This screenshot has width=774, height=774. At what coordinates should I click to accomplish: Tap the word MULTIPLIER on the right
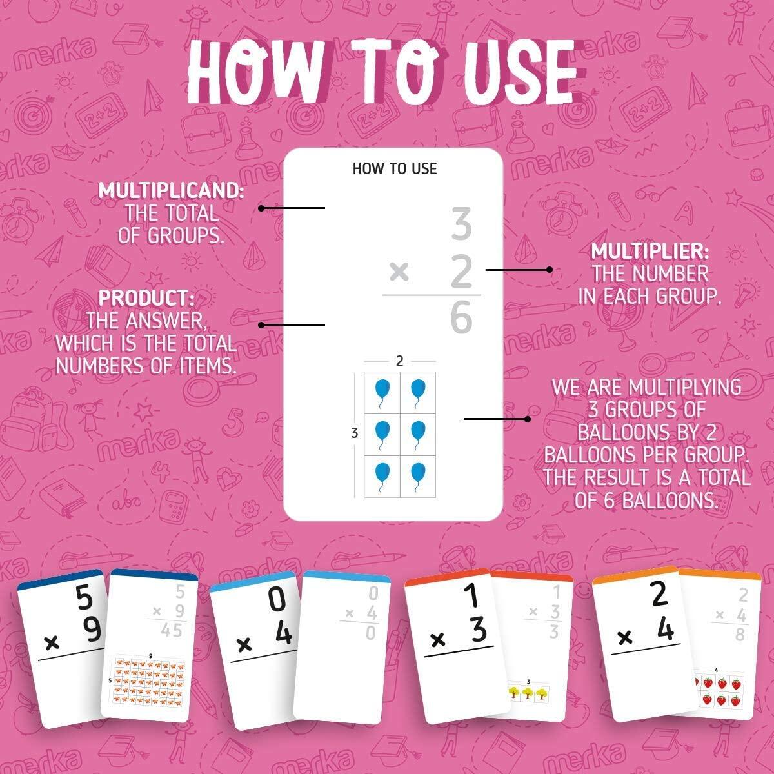650,251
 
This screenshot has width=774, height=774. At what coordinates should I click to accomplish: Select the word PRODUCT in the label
146,299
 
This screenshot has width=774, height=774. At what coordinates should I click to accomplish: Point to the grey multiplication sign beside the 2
399,273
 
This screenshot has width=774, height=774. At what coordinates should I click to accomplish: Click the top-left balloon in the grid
382,392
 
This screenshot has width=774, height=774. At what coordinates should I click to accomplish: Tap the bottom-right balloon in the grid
418,474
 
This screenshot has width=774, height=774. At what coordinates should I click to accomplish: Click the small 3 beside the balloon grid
354,434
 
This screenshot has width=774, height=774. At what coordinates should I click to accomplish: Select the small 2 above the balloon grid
400,362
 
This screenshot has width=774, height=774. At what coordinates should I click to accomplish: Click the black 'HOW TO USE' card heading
395,169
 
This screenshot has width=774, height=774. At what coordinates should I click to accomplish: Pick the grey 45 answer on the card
172,630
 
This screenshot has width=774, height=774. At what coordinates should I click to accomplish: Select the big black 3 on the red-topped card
477,630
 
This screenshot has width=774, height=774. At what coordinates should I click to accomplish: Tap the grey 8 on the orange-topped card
740,634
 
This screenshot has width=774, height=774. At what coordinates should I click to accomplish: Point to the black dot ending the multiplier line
550,270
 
